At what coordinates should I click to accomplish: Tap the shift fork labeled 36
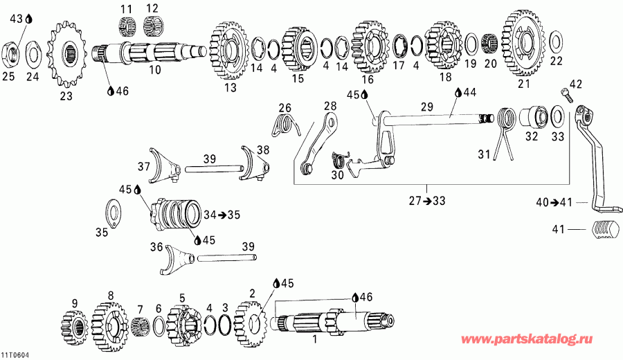tap(177, 257)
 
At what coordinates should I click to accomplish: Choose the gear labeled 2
tap(251, 322)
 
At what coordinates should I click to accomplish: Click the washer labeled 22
tap(555, 42)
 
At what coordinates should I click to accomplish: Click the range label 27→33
tap(427, 201)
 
